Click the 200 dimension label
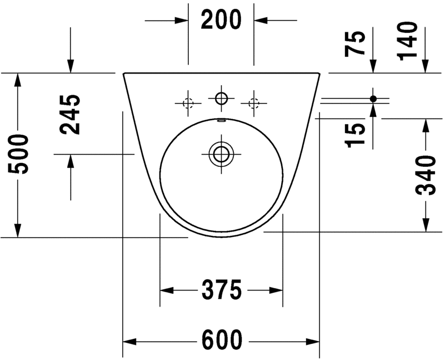pyautogui.click(x=221, y=20)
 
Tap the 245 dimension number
pyautogui.click(x=71, y=115)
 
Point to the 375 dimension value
pyautogui.click(x=221, y=290)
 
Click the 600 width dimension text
pyautogui.click(x=221, y=340)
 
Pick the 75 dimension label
pyautogui.click(x=356, y=43)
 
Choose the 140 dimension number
pyautogui.click(x=408, y=40)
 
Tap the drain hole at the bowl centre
pyautogui.click(x=221, y=154)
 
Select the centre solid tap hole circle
pyautogui.click(x=221, y=99)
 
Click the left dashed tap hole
pyautogui.click(x=187, y=103)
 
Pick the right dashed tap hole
pyautogui.click(x=254, y=103)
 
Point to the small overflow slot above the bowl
pyautogui.click(x=221, y=120)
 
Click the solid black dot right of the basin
pyautogui.click(x=373, y=98)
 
